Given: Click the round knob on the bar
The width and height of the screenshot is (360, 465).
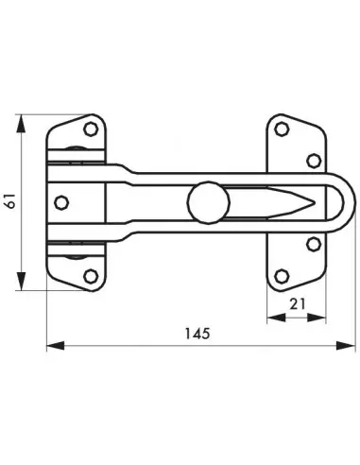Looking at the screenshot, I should click(x=204, y=202).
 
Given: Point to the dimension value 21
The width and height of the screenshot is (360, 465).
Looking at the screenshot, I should click(x=296, y=304).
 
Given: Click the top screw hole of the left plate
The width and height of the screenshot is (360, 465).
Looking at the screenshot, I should click(x=91, y=128).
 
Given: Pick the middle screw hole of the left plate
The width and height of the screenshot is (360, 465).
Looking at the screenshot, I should click(x=62, y=202).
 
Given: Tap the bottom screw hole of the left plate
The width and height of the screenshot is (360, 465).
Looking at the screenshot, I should click(x=91, y=275).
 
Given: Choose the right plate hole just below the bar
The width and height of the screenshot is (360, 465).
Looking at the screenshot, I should click(x=314, y=244).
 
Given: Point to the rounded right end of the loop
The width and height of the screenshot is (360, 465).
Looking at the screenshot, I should click(x=351, y=202).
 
